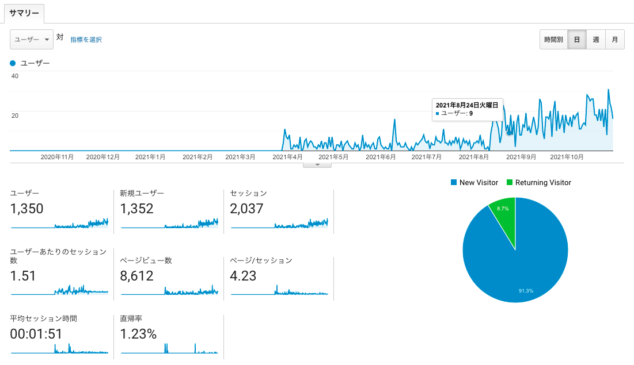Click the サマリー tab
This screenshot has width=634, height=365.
point(24,13)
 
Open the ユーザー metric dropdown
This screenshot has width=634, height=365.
point(32,40)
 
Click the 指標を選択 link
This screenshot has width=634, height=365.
point(86,40)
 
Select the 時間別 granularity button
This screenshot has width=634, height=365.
point(553,40)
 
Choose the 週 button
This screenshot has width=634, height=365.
point(595,40)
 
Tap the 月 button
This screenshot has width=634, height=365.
point(614,40)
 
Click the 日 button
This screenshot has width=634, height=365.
point(577,40)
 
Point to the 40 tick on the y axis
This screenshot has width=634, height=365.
point(15,76)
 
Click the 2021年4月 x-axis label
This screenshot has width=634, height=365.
point(287,157)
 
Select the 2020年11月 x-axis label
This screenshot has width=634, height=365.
point(57,157)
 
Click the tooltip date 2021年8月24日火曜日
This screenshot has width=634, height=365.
point(467,105)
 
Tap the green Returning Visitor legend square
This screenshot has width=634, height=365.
point(510,183)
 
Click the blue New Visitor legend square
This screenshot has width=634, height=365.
point(454,183)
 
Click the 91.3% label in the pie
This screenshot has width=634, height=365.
point(526,291)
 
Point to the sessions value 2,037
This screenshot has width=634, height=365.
point(246,209)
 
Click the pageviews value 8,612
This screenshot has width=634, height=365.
point(136,276)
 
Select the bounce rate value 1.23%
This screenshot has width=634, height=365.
point(138,334)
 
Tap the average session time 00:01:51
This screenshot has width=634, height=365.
point(36,334)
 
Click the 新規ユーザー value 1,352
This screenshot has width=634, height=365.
point(136,209)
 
